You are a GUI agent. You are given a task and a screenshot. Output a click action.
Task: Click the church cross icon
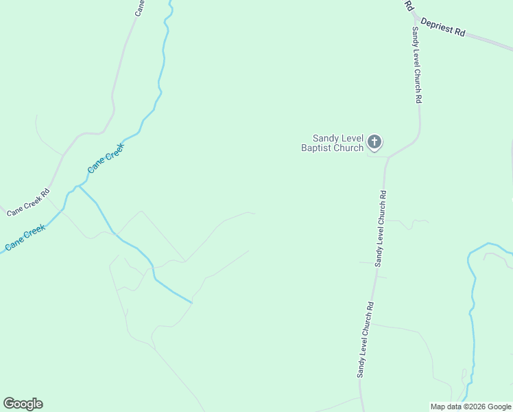(x=374, y=142)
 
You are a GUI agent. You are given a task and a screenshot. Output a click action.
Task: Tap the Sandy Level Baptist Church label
(x=333, y=142)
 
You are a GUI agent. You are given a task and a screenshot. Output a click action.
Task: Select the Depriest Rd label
(x=443, y=27)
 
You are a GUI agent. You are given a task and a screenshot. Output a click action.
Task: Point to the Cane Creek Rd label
(x=28, y=203)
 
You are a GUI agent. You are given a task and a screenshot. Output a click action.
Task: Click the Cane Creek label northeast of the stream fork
(x=106, y=157)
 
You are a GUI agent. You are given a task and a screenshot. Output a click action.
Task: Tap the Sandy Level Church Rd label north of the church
(x=416, y=65)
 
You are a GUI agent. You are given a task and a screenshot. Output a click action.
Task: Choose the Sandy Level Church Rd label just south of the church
(x=381, y=228)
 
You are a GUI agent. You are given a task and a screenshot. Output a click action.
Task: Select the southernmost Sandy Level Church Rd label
(x=364, y=339)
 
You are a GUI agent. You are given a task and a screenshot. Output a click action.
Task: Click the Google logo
(x=23, y=404)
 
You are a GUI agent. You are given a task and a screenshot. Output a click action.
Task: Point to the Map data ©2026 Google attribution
(x=470, y=407)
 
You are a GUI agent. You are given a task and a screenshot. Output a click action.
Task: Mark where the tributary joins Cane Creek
(x=78, y=185)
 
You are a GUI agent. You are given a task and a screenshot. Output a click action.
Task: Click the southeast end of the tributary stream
(x=191, y=301)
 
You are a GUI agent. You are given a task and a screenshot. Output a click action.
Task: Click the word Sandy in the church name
(x=326, y=137)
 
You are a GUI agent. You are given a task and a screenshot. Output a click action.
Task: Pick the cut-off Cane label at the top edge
(x=140, y=7)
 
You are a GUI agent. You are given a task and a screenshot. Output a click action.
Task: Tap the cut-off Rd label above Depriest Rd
(x=409, y=5)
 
